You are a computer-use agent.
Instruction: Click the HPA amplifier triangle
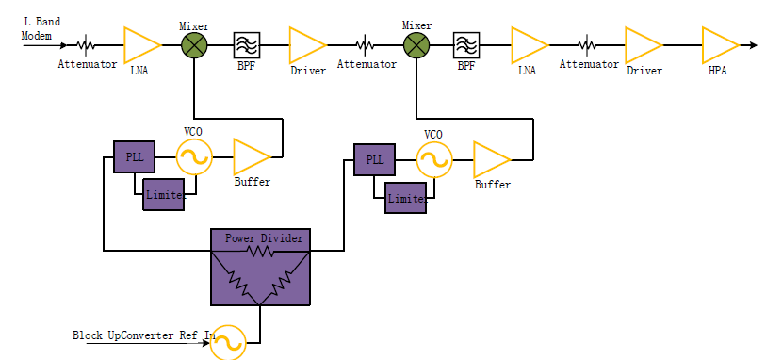click(718, 44)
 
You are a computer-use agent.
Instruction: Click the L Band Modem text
click(41, 28)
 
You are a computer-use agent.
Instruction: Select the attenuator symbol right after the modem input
click(86, 44)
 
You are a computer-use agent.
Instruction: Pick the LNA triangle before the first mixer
click(140, 44)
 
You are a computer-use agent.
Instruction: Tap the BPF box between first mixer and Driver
click(247, 44)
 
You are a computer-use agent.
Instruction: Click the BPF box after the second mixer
click(466, 44)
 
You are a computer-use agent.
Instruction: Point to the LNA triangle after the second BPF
click(528, 44)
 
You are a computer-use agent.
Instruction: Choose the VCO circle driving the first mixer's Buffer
click(194, 157)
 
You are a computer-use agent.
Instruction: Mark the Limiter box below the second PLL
click(406, 199)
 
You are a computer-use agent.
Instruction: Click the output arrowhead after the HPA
click(751, 44)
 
